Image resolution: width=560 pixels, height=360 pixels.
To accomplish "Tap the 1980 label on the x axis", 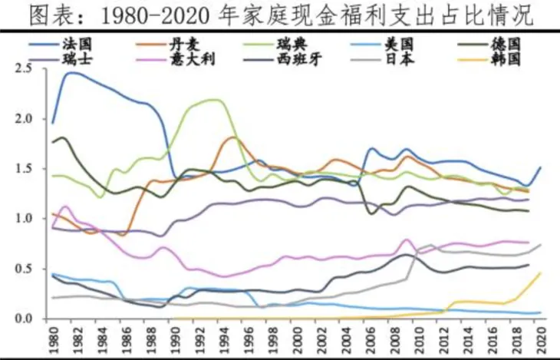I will coord(52,338).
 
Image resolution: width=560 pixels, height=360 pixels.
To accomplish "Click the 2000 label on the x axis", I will coord(296,338).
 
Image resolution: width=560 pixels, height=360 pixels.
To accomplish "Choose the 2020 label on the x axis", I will coord(541,338).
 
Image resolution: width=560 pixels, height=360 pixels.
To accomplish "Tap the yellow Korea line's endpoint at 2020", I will coord(540,272).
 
